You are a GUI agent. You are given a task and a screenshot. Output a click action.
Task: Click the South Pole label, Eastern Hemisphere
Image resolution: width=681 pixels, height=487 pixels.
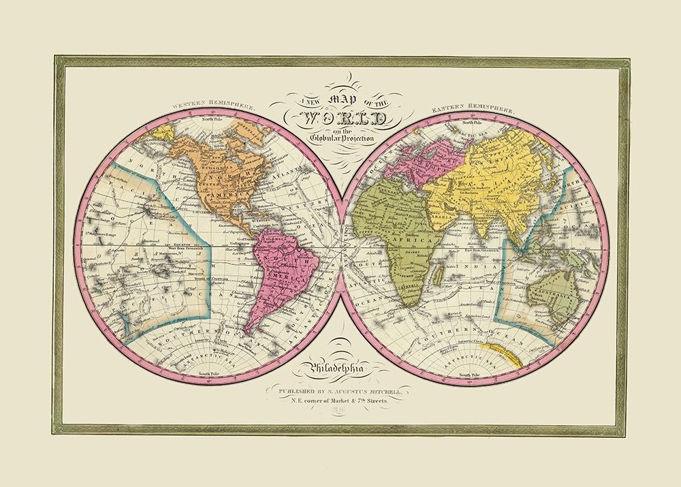click(x=472, y=375)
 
